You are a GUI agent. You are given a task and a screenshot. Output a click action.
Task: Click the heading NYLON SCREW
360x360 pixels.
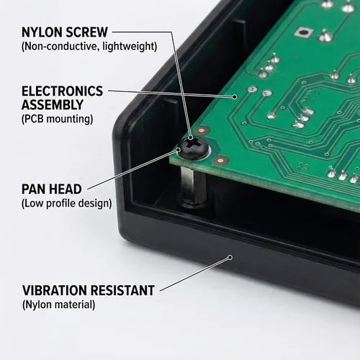point(65,32)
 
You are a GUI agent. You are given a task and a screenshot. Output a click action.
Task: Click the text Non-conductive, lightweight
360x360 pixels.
point(89,46)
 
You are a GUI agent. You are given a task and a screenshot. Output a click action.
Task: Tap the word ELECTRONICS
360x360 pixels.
point(63,91)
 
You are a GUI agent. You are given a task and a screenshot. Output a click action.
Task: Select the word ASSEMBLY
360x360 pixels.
point(53,104)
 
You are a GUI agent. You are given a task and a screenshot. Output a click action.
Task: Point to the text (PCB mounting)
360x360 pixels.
point(57,119)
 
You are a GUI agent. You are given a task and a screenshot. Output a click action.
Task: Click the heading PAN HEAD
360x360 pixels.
point(52,189)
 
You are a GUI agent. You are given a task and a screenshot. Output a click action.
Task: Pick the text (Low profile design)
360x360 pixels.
point(67,203)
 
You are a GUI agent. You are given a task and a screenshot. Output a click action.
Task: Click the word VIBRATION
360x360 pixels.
point(55,290)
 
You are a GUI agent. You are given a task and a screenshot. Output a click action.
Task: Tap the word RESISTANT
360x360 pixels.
point(122,290)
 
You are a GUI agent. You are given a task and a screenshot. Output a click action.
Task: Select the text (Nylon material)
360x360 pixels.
point(58,305)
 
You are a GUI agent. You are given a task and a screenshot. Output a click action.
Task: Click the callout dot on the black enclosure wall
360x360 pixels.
point(230,258)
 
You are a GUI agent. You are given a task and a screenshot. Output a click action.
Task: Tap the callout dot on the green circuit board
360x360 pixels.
point(235,96)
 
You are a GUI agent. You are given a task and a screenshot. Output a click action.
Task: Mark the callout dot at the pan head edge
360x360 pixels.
point(179,150)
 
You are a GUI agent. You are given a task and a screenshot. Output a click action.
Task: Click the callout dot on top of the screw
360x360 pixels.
point(190,138)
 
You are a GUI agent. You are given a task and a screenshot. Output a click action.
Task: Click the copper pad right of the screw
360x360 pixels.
point(221,159)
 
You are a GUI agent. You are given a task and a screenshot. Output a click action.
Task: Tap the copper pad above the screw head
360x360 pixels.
point(202,131)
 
